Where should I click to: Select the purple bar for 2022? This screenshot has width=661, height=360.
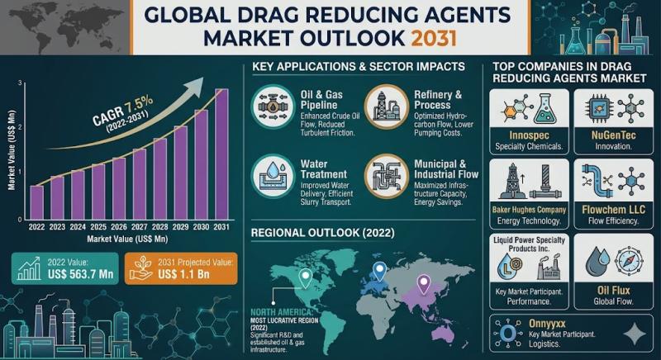click(36, 202)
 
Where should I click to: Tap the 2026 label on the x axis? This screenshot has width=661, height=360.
click(119, 226)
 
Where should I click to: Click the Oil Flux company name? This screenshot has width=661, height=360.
click(612, 290)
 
